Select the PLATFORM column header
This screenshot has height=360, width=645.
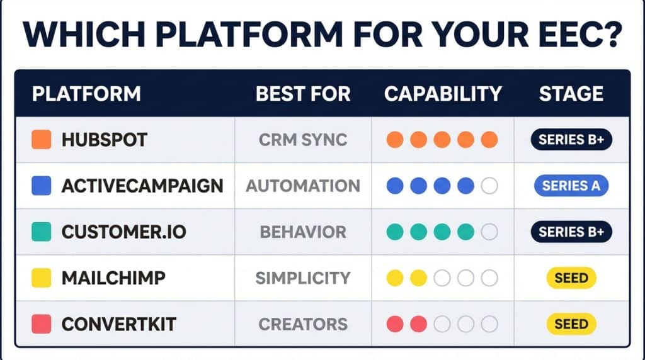[x=86, y=94]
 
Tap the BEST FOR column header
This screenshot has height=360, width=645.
[x=303, y=94]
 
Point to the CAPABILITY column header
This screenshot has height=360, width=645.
[x=443, y=94]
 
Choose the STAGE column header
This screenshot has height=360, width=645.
[x=571, y=94]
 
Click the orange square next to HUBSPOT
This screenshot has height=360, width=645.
[x=41, y=140]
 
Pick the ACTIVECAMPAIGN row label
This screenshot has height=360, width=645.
[x=142, y=186]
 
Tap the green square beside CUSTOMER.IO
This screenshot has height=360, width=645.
[x=41, y=232]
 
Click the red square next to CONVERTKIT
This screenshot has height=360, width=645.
[x=41, y=324]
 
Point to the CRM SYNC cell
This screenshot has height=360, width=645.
[x=303, y=140]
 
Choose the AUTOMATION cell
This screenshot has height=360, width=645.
[x=303, y=186]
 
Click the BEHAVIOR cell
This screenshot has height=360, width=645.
[x=303, y=232]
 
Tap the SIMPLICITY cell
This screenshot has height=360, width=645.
[x=303, y=278]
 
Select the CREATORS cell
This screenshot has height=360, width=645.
[x=303, y=324]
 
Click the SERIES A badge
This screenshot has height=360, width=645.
[x=571, y=186]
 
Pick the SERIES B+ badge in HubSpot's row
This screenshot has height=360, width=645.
[x=571, y=140]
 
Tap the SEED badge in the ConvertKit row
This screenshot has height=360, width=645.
[x=571, y=324]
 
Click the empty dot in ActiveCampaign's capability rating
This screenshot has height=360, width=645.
[x=489, y=186]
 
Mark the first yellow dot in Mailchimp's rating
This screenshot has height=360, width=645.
[x=395, y=278]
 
